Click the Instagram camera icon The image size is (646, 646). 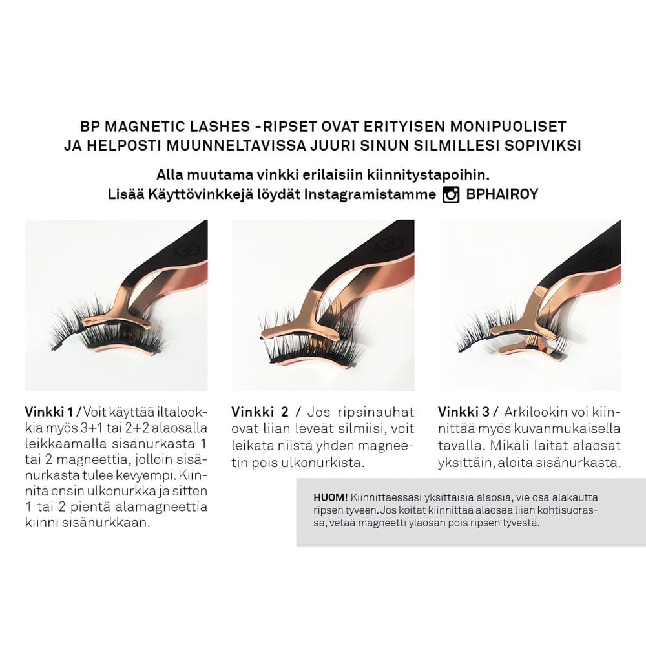click(451, 194)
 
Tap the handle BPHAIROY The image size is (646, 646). click(502, 194)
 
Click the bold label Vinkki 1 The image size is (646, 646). click(49, 412)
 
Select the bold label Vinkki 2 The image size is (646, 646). click(260, 412)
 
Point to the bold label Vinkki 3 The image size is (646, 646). click(464, 412)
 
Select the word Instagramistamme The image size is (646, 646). click(370, 194)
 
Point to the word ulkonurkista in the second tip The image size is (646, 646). click(322, 463)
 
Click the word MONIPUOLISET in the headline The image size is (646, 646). click(508, 126)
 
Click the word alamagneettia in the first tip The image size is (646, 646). click(161, 506)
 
